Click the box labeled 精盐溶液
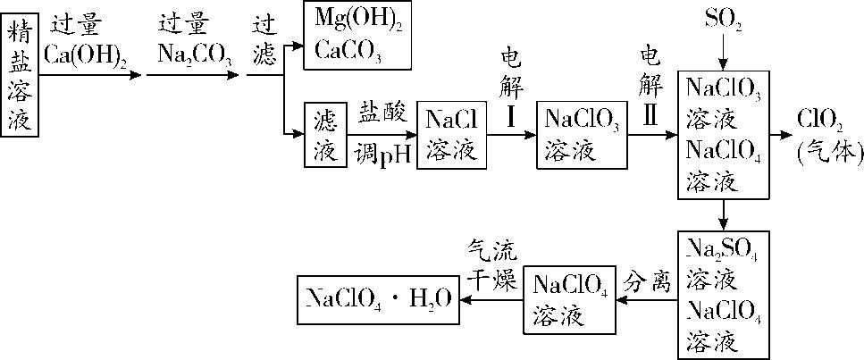pos(20,78)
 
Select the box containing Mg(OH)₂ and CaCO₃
pos(357,35)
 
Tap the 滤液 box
pos(325,135)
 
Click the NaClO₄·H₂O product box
pos(379,299)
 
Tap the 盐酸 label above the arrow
pos(383,112)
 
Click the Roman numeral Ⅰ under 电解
pos(509,117)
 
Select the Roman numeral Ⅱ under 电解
pos(651,117)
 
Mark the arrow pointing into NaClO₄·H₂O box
pos(491,300)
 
